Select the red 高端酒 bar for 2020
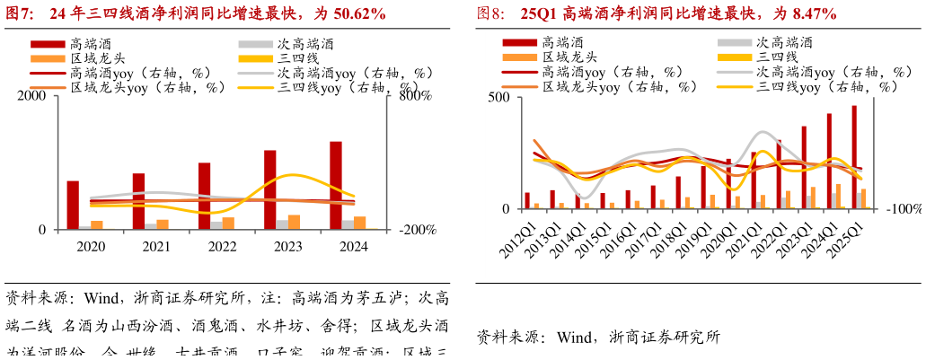[x=73, y=205]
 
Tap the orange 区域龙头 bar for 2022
[x=228, y=223]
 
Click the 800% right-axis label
[x=415, y=96]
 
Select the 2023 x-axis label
[x=287, y=247]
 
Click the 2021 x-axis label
[x=156, y=247]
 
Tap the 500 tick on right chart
[x=498, y=98]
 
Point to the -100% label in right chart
[x=904, y=209]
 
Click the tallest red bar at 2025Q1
[x=854, y=157]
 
